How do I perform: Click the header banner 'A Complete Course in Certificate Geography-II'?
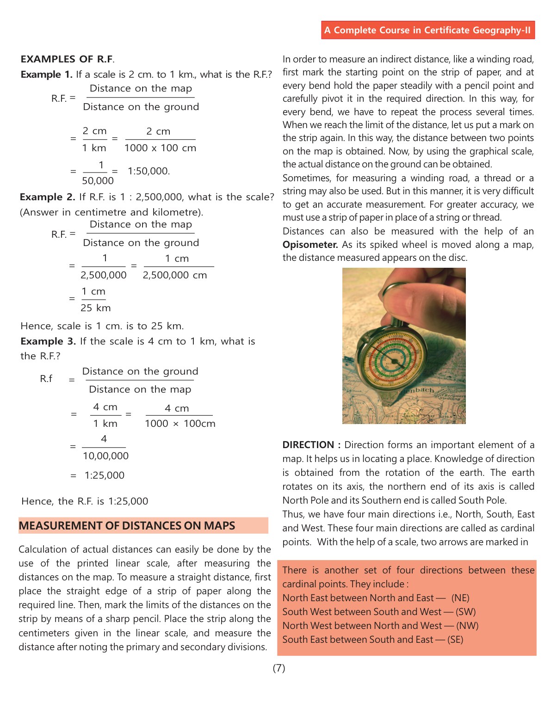[x=427, y=30]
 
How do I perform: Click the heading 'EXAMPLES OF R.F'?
[x=67, y=59]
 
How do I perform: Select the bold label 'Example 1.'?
[x=47, y=74]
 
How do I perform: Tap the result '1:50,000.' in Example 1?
[x=149, y=171]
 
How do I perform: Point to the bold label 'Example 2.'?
[x=47, y=197]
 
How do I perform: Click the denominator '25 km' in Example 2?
[x=96, y=308]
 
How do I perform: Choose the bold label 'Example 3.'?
[x=48, y=341]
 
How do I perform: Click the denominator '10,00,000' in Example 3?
[x=105, y=456]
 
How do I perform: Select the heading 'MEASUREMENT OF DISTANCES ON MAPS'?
[x=127, y=526]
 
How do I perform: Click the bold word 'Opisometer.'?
[x=310, y=245]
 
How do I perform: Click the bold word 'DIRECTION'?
[x=308, y=445]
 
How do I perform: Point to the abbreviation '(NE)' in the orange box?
[x=460, y=598]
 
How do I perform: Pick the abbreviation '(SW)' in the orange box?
[x=465, y=612]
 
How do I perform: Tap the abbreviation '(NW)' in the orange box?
[x=467, y=626]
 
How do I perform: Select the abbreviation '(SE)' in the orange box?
[x=455, y=640]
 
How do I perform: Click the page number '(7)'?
[x=279, y=668]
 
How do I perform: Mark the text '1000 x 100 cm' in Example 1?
[x=160, y=148]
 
